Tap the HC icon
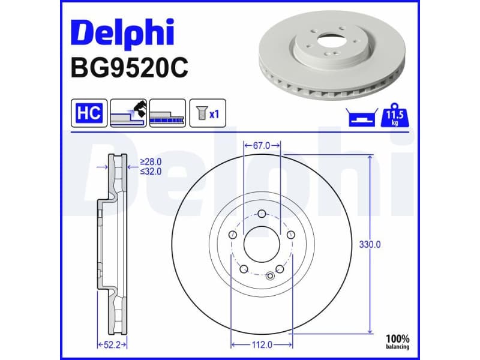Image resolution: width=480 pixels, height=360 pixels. [x=89, y=113]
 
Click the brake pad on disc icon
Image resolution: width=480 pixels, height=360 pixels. [x=128, y=113]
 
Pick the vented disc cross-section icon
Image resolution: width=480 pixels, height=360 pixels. [x=167, y=113]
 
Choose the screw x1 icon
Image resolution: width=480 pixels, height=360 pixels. [x=208, y=113]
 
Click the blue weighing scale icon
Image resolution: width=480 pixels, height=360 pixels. [x=361, y=117]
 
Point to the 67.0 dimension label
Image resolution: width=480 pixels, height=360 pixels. [x=262, y=145]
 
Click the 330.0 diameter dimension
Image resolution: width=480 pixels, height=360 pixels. [x=370, y=244]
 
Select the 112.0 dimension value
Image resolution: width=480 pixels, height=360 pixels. [x=262, y=344]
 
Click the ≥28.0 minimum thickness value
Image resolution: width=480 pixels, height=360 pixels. [x=151, y=161]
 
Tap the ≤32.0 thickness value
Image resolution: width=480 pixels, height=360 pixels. [x=151, y=170]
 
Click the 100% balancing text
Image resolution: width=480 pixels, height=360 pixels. [x=397, y=341]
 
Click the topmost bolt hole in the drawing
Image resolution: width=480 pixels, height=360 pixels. [x=262, y=214]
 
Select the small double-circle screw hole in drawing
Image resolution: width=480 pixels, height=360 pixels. [x=270, y=276]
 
